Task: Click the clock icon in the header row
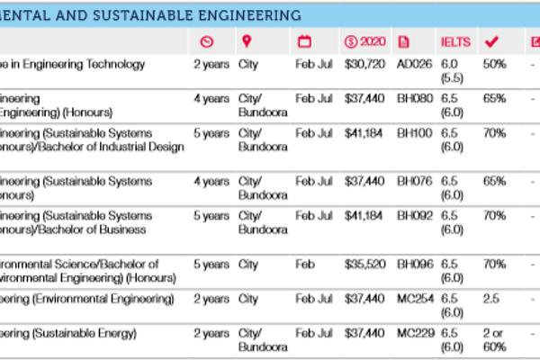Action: [x=206, y=41]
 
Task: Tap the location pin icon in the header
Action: [x=247, y=41]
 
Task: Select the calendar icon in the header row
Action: [x=303, y=41]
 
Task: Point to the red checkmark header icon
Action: [x=491, y=41]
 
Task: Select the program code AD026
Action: [x=414, y=65]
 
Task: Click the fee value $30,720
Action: [x=364, y=65]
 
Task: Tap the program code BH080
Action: [x=414, y=98]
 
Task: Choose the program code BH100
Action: [x=414, y=133]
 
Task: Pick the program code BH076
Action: [x=414, y=182]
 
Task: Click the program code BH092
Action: [x=414, y=216]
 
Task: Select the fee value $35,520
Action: [x=364, y=265]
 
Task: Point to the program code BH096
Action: [x=414, y=265]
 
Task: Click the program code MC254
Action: [x=414, y=299]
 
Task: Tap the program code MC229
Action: [x=414, y=334]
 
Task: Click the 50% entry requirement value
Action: [x=494, y=65]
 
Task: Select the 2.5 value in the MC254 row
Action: [x=490, y=299]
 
